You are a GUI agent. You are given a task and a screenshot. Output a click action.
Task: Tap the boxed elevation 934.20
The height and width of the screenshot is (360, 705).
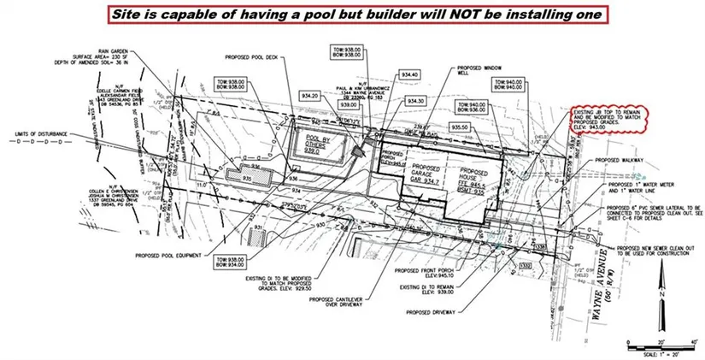309,96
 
